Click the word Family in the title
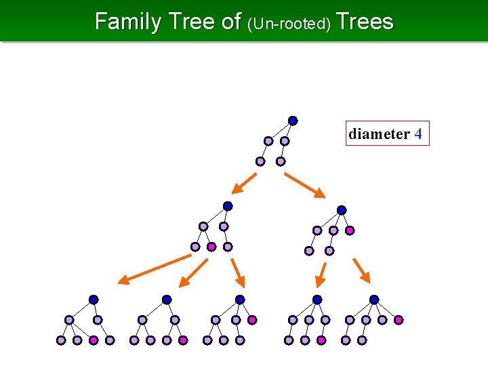click(127, 22)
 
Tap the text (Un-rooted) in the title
click(289, 24)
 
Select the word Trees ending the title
click(365, 22)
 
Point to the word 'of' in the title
click(231, 22)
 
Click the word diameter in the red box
click(379, 134)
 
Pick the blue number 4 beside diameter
click(418, 134)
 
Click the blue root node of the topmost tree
click(293, 121)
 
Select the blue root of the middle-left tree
click(228, 206)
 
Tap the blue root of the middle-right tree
click(342, 210)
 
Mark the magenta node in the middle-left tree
click(211, 247)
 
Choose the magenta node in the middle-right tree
click(350, 230)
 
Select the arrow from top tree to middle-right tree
click(306, 185)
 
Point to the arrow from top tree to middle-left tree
click(244, 183)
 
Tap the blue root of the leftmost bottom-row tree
click(94, 300)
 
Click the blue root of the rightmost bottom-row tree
click(374, 300)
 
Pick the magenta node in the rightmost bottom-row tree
click(399, 320)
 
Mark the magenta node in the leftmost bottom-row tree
click(94, 340)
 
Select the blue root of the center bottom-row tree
click(240, 300)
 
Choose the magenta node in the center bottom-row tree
click(252, 320)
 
